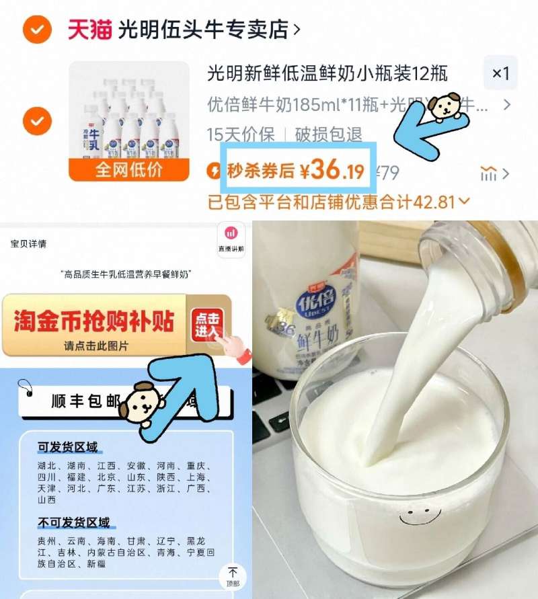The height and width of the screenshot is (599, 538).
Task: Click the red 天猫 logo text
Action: pos(89,30)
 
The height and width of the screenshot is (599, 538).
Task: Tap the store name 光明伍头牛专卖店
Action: pos(203,30)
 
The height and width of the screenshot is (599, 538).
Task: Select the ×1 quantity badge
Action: pos(501,73)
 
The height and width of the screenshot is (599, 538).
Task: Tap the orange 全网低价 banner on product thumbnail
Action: pos(119,169)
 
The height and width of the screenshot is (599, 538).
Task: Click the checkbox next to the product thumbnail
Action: pos(37,122)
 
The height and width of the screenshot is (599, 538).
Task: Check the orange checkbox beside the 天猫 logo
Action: pos(37,30)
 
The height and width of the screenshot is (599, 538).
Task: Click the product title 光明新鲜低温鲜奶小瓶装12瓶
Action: pos(327,73)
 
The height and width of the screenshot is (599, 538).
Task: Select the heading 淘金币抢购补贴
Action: pos(94,321)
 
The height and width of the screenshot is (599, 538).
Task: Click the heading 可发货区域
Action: pos(68,447)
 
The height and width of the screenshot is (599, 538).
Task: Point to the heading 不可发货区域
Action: pos(74,522)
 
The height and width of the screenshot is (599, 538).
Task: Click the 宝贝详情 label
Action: pos(28,243)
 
